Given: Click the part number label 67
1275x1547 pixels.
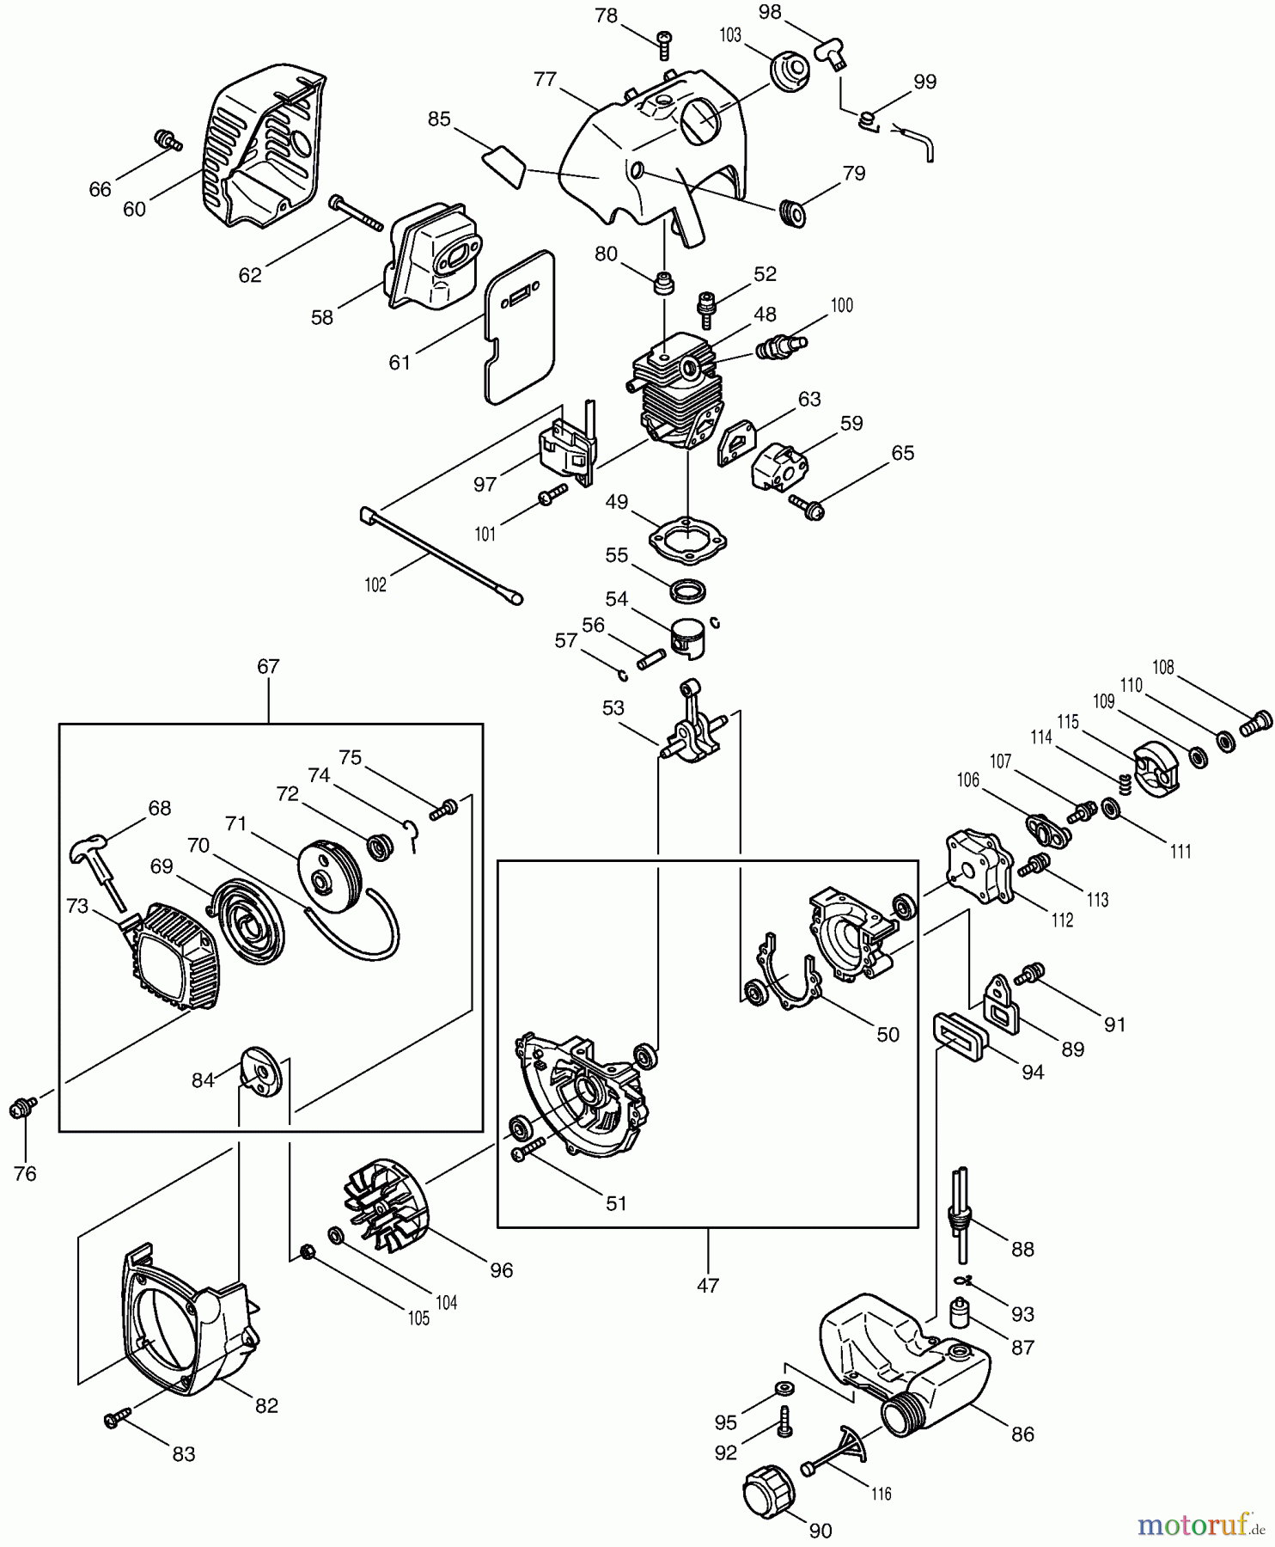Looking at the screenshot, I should (x=268, y=667).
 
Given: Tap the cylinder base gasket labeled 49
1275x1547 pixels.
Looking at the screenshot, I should (x=687, y=541).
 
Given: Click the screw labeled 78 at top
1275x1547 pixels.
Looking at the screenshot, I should (x=664, y=42).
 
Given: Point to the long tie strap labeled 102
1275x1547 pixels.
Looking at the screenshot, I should (x=438, y=553).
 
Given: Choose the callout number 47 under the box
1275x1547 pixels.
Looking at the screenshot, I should (x=708, y=1286).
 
